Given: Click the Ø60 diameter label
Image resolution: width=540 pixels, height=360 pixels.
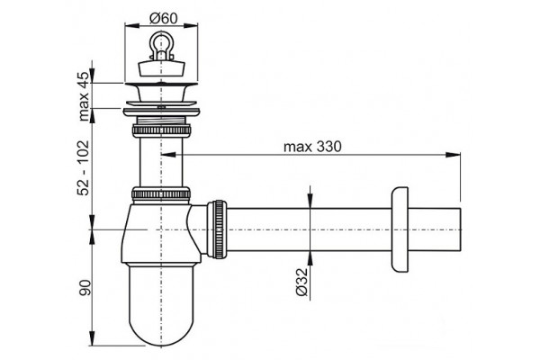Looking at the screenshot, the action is coord(164,18).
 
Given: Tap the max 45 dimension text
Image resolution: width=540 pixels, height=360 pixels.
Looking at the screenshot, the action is coord(84,96).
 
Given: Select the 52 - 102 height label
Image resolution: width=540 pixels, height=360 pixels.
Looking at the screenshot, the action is coord(84,167).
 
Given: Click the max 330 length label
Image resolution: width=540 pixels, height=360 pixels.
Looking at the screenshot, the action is coord(312,147).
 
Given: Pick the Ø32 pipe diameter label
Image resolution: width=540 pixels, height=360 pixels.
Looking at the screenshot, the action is coord(301,282).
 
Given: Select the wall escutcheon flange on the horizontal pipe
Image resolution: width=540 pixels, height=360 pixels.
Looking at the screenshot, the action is coord(400,229).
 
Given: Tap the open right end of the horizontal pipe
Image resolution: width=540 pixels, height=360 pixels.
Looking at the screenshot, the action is coord(460,229).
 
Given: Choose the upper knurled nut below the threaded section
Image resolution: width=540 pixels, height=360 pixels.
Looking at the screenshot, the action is coord(161,130).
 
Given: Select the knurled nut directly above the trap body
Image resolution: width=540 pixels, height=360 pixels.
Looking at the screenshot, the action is coord(161,193).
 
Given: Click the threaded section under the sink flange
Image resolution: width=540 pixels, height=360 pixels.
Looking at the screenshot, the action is coord(161,121).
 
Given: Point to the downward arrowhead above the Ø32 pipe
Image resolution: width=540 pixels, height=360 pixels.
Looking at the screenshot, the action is coord(310,201).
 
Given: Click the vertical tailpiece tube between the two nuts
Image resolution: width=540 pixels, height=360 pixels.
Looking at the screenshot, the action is coord(161,162).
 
